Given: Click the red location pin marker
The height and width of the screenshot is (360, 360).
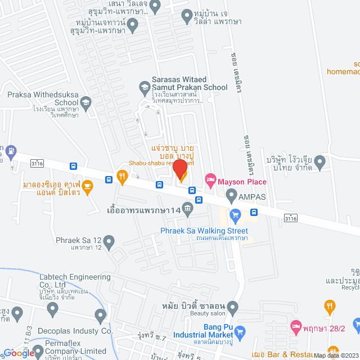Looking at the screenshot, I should click(x=179, y=169).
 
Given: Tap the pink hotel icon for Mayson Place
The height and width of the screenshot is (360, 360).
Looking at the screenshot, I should click(x=210, y=181).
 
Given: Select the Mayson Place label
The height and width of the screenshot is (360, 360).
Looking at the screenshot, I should click(x=242, y=182).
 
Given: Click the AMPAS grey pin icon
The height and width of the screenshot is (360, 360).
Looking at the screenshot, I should click(x=231, y=196).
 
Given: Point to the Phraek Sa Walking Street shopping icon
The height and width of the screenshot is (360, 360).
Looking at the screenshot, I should click(x=235, y=214).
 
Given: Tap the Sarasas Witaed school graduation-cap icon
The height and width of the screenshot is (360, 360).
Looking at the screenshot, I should click(x=145, y=87).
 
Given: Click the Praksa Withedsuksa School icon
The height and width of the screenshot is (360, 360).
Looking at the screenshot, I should click(x=85, y=102).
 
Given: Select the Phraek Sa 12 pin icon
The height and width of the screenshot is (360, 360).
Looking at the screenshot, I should click(x=109, y=242).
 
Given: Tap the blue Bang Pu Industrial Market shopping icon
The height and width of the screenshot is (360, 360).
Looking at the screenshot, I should click(x=239, y=331).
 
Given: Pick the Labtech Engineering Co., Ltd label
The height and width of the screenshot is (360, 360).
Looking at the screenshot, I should click(x=75, y=281).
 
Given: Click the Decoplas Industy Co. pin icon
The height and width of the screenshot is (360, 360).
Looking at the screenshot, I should click(x=101, y=314).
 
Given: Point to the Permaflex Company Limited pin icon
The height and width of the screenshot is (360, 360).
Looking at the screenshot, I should click(x=38, y=352).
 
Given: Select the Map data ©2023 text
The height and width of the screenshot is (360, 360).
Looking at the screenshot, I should click(x=336, y=355).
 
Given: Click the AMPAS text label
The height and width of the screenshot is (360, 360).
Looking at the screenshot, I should click(x=251, y=197).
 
